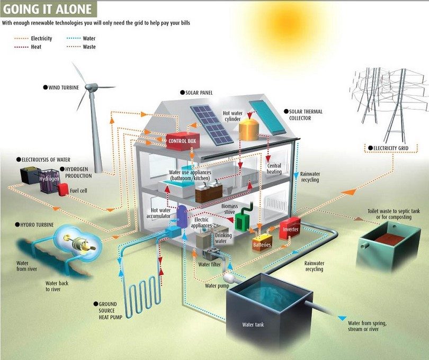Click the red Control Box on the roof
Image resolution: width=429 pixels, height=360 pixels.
point(183,141)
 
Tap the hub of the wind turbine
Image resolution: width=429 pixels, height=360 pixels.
point(91,87)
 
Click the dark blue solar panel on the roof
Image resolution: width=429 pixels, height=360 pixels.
point(212,125)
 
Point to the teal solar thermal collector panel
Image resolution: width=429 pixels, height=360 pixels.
point(267,118)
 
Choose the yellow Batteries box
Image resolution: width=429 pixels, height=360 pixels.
point(262,242)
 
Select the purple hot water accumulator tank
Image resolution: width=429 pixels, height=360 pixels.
point(182,216)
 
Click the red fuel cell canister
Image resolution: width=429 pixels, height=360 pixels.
point(63,190)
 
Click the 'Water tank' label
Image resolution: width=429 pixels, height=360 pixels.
point(253,325)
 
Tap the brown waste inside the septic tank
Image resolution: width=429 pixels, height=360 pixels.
point(389,239)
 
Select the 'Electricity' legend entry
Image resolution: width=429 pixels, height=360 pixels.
point(33,38)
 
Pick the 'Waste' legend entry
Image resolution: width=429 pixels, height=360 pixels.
point(81,47)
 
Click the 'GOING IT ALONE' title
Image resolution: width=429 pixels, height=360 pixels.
point(47,9)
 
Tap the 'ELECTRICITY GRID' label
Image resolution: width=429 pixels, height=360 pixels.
point(388,148)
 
